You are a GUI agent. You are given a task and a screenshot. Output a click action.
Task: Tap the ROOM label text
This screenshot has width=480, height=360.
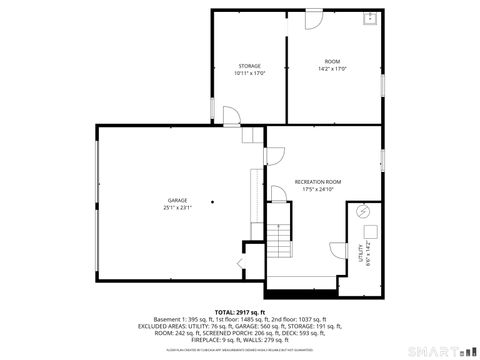click(x=332, y=62)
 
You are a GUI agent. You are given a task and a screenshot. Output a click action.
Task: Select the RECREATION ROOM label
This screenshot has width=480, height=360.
click(x=318, y=181)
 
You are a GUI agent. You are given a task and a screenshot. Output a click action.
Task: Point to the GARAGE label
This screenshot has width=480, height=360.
click(x=177, y=202)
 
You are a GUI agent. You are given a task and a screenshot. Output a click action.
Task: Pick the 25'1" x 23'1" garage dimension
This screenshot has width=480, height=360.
click(x=177, y=209)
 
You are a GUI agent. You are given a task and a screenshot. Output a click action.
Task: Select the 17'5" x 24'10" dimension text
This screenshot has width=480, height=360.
click(x=318, y=189)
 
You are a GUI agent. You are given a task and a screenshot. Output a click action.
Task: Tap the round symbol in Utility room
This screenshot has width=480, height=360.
click(x=364, y=211)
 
